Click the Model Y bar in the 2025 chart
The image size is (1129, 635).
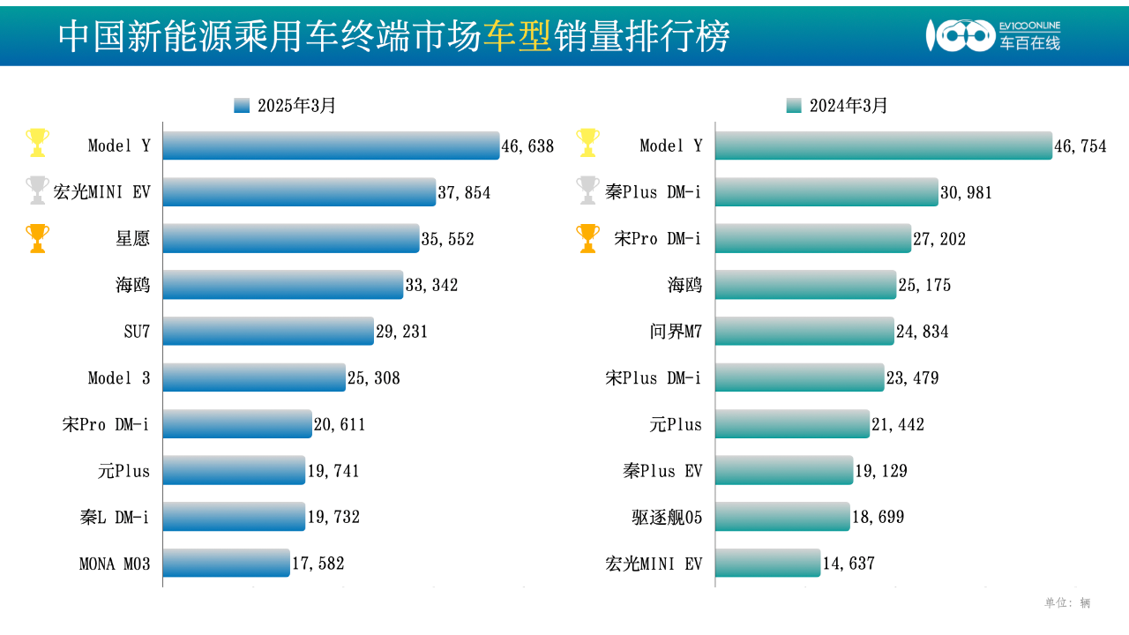point(331,146)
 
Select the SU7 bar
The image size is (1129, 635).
point(268,332)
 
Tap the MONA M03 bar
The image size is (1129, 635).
point(226,563)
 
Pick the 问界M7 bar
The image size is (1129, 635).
point(804,332)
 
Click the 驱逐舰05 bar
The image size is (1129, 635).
point(782,517)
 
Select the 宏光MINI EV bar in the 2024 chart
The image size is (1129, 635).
point(767,563)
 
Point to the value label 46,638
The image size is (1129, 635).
point(527,146)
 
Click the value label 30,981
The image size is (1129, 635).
point(966,192)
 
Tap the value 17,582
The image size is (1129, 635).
point(318,564)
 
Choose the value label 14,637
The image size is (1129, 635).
point(848,564)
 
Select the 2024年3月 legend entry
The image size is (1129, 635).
point(837,106)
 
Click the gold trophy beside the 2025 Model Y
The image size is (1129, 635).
point(37,142)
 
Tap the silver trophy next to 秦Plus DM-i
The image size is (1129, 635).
point(587,190)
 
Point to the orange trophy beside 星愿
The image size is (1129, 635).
point(37,237)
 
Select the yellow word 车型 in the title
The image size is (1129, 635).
point(518,36)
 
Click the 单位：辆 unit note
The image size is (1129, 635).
point(1067,603)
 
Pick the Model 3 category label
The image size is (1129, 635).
point(119,378)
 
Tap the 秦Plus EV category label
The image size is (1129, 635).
point(662,471)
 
